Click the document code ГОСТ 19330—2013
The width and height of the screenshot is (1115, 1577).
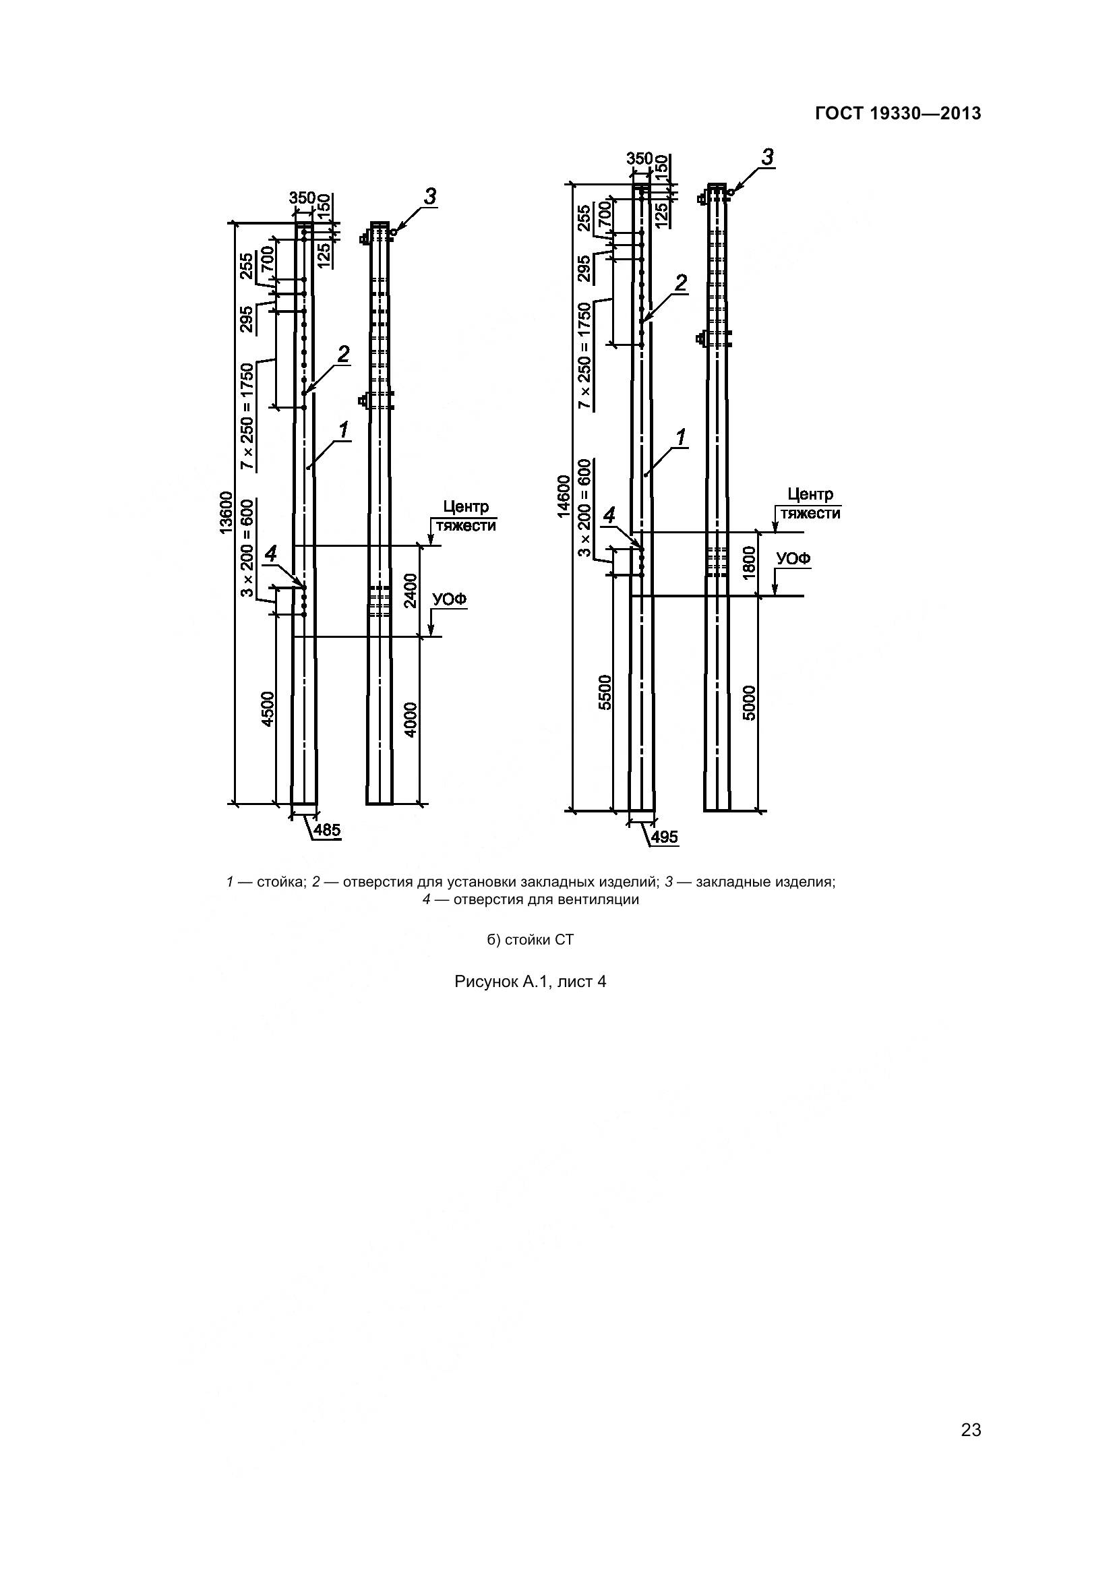(x=898, y=113)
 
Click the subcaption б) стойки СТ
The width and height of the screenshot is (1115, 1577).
(x=530, y=940)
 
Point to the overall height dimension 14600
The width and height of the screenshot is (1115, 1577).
(x=564, y=496)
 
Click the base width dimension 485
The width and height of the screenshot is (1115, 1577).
(x=327, y=831)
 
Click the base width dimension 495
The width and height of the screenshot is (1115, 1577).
(x=664, y=837)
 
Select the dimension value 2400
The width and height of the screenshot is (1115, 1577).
(x=410, y=591)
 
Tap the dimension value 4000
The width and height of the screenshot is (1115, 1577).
(x=410, y=719)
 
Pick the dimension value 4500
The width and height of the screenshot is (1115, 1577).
(x=268, y=708)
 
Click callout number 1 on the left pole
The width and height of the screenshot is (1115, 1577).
(x=342, y=431)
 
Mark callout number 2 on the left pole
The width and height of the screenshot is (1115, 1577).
(x=342, y=355)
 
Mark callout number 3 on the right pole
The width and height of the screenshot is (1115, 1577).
(x=767, y=157)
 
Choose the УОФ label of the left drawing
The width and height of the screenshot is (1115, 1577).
(x=449, y=599)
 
